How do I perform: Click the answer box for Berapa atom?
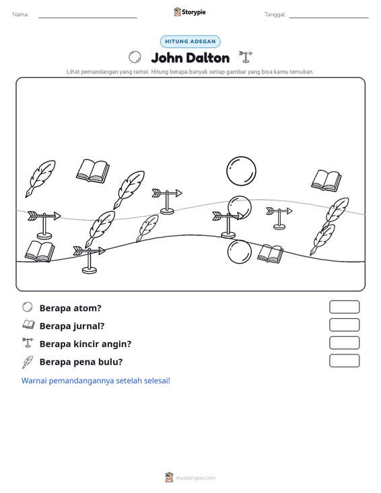pyautogui.click(x=344, y=307)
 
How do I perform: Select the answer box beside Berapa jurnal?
pyautogui.click(x=344, y=325)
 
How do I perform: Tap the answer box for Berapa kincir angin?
pyautogui.click(x=344, y=343)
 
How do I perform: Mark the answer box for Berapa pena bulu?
pyautogui.click(x=344, y=361)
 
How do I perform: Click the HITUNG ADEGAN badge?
pyautogui.click(x=190, y=42)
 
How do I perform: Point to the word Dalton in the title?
pyautogui.click(x=207, y=58)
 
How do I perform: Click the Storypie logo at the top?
pyautogui.click(x=190, y=12)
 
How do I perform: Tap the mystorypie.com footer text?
pyautogui.click(x=195, y=478)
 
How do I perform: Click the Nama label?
pyautogui.click(x=21, y=15)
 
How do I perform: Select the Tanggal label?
pyautogui.click(x=275, y=15)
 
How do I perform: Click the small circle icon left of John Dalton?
pyautogui.click(x=135, y=57)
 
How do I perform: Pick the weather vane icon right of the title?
pyautogui.click(x=246, y=57)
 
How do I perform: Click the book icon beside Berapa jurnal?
pyautogui.click(x=28, y=325)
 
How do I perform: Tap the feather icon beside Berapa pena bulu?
pyautogui.click(x=28, y=362)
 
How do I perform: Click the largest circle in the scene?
pyautogui.click(x=241, y=171)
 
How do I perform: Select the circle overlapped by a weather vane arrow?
pyautogui.click(x=240, y=208)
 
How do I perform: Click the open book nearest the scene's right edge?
pyautogui.click(x=326, y=180)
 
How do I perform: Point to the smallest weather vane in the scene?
pyautogui.click(x=279, y=218)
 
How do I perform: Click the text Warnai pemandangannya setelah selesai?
pyautogui.click(x=96, y=381)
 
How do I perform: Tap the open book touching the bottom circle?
pyautogui.click(x=270, y=254)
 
